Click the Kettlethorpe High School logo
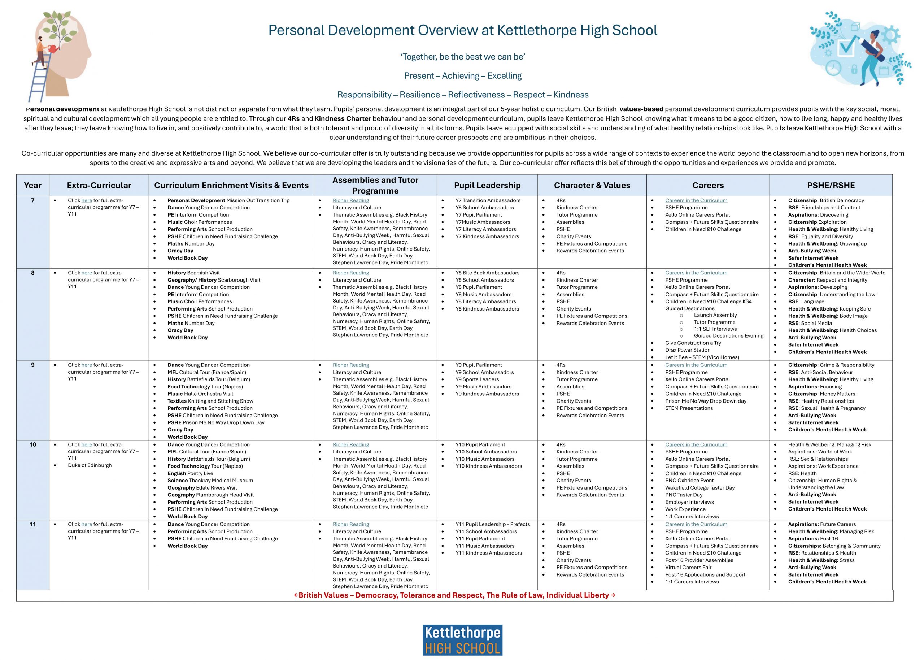point(462,640)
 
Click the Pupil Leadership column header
point(487,185)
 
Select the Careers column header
point(707,185)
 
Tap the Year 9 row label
point(32,365)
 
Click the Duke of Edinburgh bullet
point(90,465)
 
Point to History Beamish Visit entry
point(193,273)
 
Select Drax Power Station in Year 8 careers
point(688,350)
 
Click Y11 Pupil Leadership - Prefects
point(492,524)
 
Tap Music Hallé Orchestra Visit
point(200,394)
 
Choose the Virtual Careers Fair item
point(688,567)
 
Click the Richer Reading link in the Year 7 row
point(350,200)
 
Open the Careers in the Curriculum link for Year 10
point(696,444)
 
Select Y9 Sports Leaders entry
point(477,379)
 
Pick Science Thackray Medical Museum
point(210,480)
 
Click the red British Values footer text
point(454,595)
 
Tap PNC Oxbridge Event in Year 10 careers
point(689,480)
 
